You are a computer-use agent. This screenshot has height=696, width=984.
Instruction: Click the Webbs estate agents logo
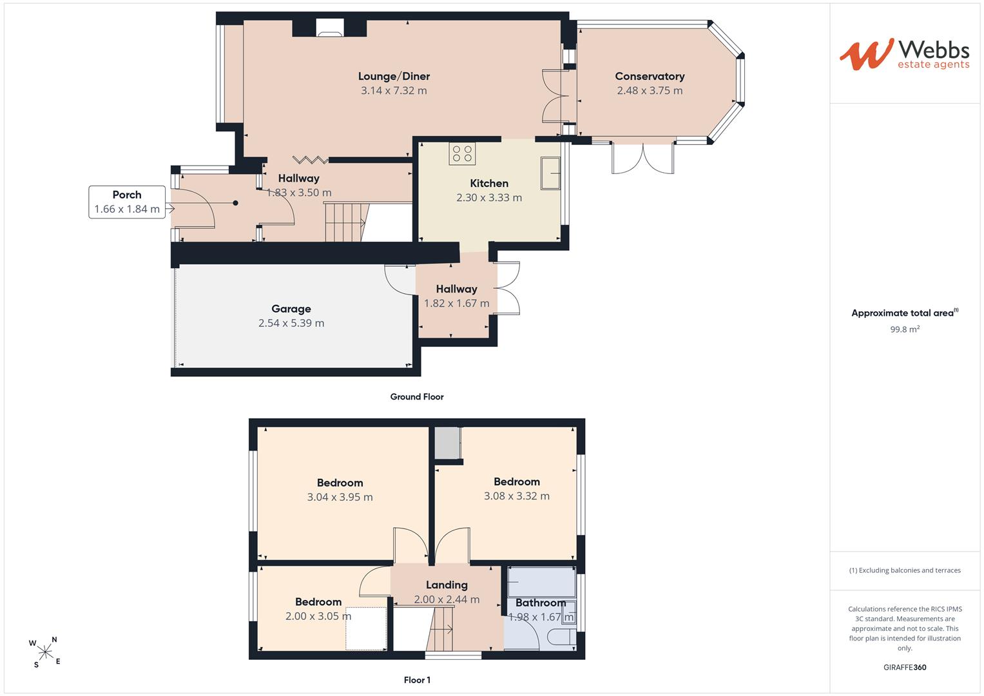904,55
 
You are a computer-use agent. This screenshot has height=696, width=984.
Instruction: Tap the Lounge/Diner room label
394,77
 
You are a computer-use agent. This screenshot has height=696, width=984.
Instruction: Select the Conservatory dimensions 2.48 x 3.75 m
650,90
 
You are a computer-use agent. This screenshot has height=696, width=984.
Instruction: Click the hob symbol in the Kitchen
462,153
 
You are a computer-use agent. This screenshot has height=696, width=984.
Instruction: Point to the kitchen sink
550,173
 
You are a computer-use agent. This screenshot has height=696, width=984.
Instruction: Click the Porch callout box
127,202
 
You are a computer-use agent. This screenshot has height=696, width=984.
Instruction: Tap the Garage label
291,309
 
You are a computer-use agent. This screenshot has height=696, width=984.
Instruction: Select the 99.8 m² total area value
905,329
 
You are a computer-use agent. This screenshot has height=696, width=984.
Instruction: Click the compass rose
45,652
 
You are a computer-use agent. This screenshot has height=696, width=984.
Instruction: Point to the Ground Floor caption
417,397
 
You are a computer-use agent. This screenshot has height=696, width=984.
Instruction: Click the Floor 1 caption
417,680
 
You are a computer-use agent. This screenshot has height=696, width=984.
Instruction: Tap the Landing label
447,585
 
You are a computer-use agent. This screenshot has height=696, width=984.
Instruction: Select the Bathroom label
541,603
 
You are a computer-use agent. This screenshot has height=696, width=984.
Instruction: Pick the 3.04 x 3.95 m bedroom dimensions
340,498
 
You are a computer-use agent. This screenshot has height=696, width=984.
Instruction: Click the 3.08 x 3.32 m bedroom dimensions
517,496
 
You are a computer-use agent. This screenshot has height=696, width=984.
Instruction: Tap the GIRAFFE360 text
905,668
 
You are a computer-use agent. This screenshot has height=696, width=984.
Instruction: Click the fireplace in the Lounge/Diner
330,28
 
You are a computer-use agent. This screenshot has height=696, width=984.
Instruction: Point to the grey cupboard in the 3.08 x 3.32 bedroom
448,443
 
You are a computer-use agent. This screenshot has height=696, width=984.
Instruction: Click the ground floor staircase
345,222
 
